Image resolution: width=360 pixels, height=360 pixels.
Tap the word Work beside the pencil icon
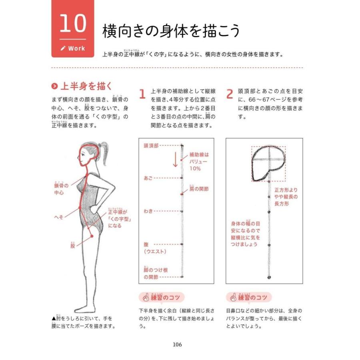pyautogui.click(x=76, y=48)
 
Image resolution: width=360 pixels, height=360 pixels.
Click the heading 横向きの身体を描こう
pyautogui.click(x=171, y=31)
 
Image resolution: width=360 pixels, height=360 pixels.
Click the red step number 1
pyautogui.click(x=142, y=94)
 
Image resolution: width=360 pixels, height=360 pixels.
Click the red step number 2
pyautogui.click(x=230, y=94)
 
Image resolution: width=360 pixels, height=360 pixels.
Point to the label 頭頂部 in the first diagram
pyautogui.click(x=151, y=146)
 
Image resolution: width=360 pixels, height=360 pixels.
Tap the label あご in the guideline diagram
pyautogui.click(x=148, y=178)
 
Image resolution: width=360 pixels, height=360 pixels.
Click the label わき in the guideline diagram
pyautogui.click(x=148, y=211)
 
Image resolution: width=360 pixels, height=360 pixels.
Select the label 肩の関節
pyautogui.click(x=199, y=188)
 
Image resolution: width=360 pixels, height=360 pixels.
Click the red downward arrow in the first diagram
pyautogui.click(x=175, y=160)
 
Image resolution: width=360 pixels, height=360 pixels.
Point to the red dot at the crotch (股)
pyautogui.click(x=92, y=236)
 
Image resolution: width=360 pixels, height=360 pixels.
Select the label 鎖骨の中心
pyautogui.click(x=61, y=189)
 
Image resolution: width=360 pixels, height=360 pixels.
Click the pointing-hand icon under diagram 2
pyautogui.click(x=232, y=298)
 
